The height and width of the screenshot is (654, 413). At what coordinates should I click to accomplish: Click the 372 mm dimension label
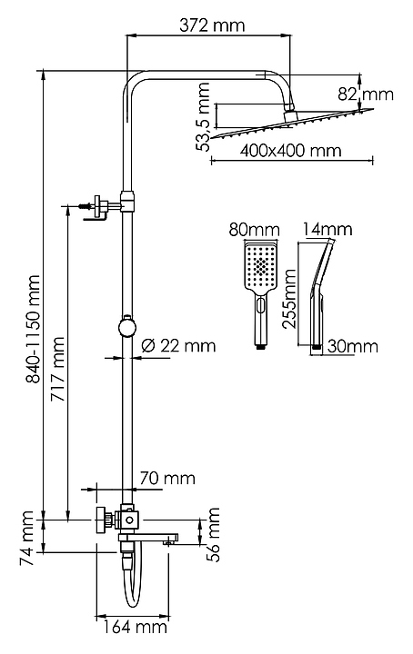[x=212, y=25]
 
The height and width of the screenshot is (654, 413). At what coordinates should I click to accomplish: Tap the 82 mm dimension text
[x=366, y=94]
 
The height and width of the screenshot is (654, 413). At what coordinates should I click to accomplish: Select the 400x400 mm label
[x=290, y=150]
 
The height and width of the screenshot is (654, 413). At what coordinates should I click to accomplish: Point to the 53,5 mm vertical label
[x=204, y=116]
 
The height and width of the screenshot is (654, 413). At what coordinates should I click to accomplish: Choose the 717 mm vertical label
[x=57, y=369]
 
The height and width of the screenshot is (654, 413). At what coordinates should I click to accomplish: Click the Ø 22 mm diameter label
[x=178, y=346]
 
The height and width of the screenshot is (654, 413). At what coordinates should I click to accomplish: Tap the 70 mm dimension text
[x=167, y=478]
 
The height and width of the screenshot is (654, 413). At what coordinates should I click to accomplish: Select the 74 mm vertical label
[x=26, y=538]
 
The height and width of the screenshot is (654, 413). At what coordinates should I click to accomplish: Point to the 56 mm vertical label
[x=214, y=535]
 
